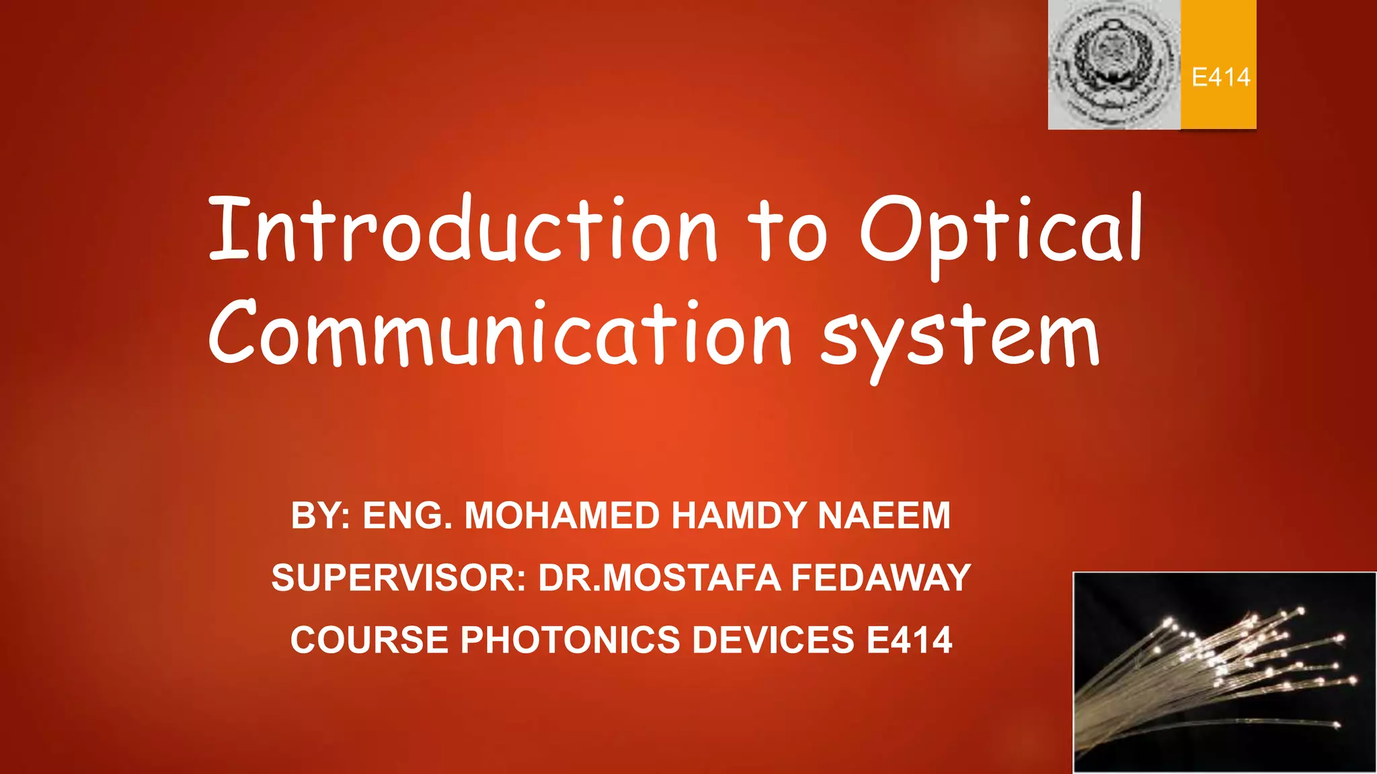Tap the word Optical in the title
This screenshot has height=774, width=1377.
point(1001,232)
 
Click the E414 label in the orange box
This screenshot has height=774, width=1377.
point(1220,77)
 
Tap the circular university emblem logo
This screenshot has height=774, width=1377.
point(1113,64)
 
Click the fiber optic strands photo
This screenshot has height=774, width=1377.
point(1224,673)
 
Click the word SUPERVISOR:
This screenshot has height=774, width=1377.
point(398,578)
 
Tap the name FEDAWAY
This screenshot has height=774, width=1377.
point(881,578)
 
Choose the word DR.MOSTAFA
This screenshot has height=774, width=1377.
point(659,578)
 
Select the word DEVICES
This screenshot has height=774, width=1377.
point(773,640)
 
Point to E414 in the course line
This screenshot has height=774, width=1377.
point(909,640)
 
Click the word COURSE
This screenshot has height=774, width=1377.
point(369,640)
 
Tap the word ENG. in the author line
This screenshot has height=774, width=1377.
point(407,516)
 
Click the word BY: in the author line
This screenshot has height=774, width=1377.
point(321,516)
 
